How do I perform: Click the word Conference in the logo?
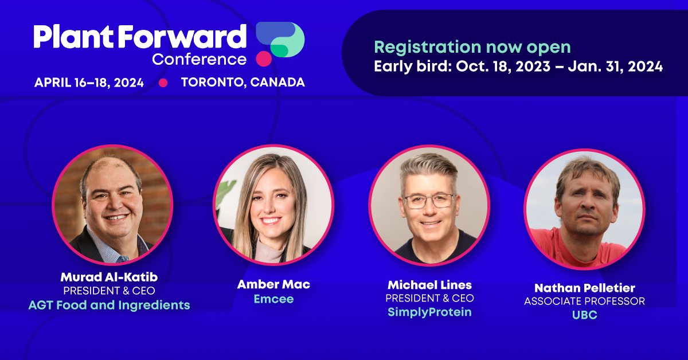[199, 59]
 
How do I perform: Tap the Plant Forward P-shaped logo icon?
[280, 44]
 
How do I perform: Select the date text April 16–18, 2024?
[89, 83]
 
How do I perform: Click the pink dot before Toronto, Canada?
[163, 83]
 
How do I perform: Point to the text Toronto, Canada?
[243, 83]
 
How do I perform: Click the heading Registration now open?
[472, 47]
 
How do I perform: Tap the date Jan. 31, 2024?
[615, 66]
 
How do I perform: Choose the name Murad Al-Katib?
[109, 277]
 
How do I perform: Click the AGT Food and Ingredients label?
[109, 305]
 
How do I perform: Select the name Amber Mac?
[273, 284]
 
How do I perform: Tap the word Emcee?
[273, 299]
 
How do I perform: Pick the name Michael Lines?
[429, 285]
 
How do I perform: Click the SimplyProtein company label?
[429, 312]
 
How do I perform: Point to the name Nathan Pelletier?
[585, 288]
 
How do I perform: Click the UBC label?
[585, 315]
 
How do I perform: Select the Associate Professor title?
[584, 302]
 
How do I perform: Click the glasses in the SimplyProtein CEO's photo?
[429, 201]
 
